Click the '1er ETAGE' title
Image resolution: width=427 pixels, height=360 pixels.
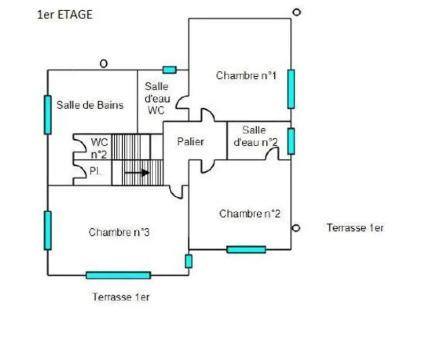point(65,15)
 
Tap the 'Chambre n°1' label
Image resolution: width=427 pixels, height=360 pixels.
point(246,75)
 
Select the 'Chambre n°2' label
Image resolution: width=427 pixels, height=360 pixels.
point(250,214)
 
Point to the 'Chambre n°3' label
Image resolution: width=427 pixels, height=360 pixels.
point(119,232)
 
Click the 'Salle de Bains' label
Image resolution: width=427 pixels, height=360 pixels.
point(90,105)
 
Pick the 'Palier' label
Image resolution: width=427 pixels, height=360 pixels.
point(191,141)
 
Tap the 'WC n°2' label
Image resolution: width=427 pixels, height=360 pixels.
point(99,148)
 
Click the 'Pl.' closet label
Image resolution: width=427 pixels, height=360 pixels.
point(96,171)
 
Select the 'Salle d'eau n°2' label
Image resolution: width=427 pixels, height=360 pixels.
point(256,136)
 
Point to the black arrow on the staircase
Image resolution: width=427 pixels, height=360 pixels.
point(137,172)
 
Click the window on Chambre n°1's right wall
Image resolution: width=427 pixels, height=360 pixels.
point(291,89)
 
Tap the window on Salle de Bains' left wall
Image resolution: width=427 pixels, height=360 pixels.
point(48,115)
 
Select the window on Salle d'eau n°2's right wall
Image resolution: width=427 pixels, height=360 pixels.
point(291,141)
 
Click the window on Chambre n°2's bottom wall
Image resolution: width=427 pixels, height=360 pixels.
point(246,250)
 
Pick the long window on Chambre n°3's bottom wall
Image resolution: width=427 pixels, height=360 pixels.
point(118,275)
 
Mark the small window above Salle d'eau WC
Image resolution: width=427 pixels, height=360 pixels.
point(170,70)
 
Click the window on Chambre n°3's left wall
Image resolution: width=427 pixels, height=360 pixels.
point(48,230)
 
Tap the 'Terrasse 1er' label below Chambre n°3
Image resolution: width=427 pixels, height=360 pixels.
point(121,297)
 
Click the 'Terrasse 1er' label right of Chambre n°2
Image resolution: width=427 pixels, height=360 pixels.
point(355,228)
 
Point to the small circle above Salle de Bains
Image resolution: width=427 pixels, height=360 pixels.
point(104,64)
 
